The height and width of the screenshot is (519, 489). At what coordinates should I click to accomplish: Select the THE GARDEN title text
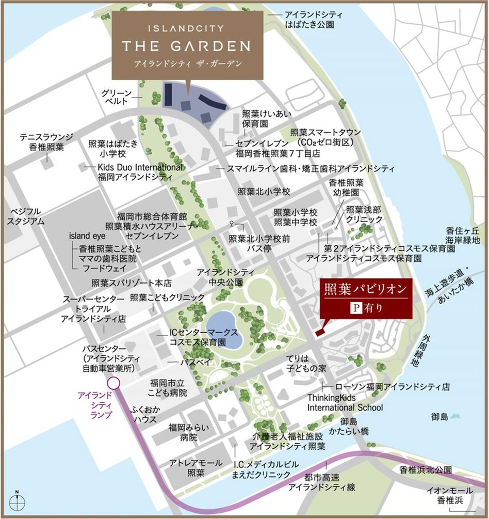(x=186, y=46)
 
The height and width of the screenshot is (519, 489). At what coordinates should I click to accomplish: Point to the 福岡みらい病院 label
(x=183, y=432)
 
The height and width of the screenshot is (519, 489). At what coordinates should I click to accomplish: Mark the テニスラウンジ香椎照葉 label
(x=46, y=141)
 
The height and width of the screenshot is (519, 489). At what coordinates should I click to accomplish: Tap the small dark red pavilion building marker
(x=319, y=333)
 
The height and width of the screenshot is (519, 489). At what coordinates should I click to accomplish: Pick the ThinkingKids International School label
(x=345, y=402)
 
